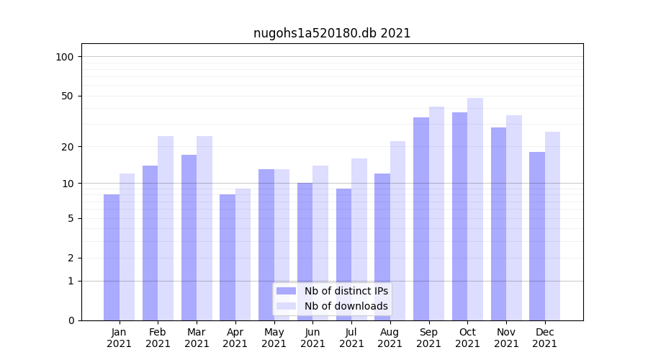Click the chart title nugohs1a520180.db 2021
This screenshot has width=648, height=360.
pyautogui.click(x=332, y=33)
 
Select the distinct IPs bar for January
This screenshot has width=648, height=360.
pyautogui.click(x=112, y=257)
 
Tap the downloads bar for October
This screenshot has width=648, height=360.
pyautogui.click(x=475, y=209)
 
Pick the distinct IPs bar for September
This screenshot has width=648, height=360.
pyautogui.click(x=421, y=219)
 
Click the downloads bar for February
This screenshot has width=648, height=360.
pyautogui.click(x=166, y=228)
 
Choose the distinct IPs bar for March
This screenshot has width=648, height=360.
pyautogui.click(x=189, y=238)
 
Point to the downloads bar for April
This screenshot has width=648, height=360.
pyautogui.click(x=243, y=254)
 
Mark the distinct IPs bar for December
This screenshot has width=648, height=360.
pyautogui.click(x=537, y=236)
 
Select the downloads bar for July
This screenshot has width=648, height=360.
pyautogui.click(x=359, y=239)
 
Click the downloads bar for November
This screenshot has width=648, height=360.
pyautogui.click(x=514, y=217)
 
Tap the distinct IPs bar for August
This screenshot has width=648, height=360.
pyautogui.click(x=382, y=247)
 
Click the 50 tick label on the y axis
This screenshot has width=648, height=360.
pyautogui.click(x=67, y=96)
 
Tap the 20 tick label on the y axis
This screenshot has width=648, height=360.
pyautogui.click(x=67, y=147)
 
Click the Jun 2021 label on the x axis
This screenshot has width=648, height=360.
pyautogui.click(x=312, y=338)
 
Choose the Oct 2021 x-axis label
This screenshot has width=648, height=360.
pyautogui.click(x=467, y=338)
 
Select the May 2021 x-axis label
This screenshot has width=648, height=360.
pyautogui.click(x=274, y=338)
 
